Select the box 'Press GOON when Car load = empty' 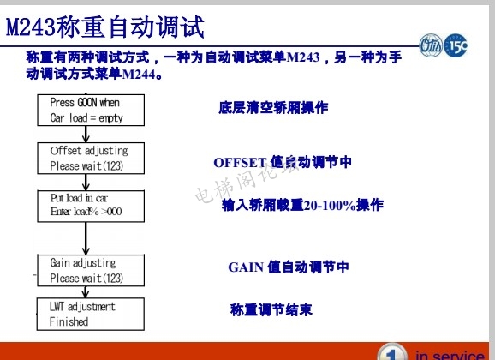click(x=85, y=110)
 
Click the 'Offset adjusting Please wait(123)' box click(x=85, y=158)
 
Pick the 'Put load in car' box click(x=85, y=204)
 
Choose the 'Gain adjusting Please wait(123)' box click(x=85, y=270)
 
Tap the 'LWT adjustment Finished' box click(x=85, y=314)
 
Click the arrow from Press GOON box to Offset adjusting click(x=85, y=133)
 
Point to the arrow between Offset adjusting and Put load click(x=85, y=181)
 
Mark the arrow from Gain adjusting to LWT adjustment click(x=85, y=291)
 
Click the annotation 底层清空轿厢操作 click(x=273, y=108)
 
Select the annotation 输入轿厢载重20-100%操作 click(x=302, y=206)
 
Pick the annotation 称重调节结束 click(x=271, y=309)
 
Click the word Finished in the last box click(x=69, y=321)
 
